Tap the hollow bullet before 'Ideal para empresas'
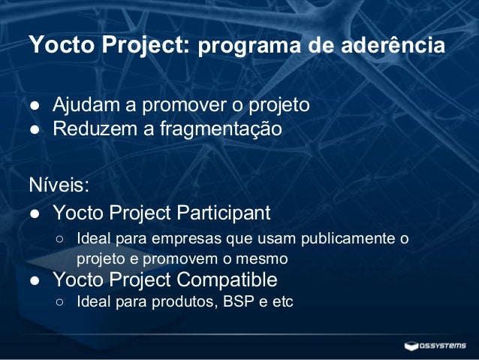pos(59,241)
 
